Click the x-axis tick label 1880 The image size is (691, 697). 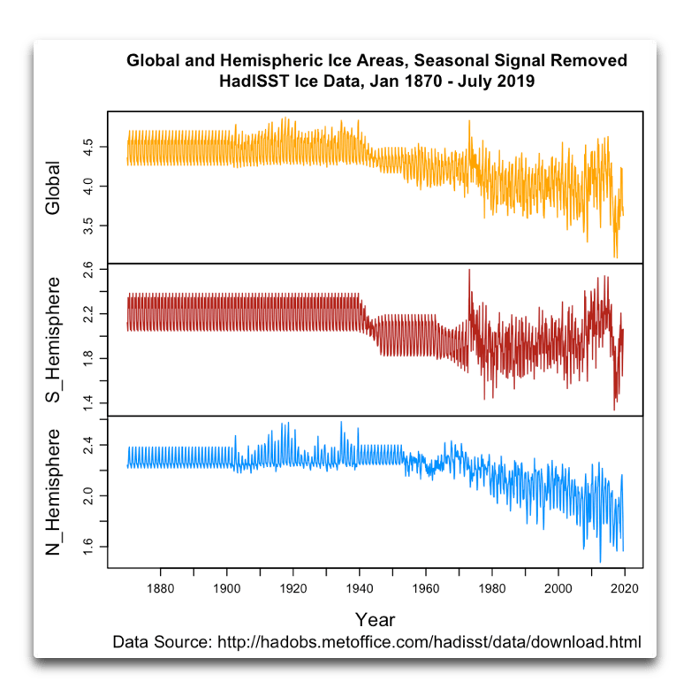pyautogui.click(x=160, y=587)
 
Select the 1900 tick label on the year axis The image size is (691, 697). pyautogui.click(x=227, y=587)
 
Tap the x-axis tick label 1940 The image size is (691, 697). pyautogui.click(x=359, y=587)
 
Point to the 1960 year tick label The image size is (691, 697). pyautogui.click(x=425, y=587)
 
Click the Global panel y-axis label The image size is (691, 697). pyautogui.click(x=54, y=188)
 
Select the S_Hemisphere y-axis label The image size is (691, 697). pyautogui.click(x=54, y=341)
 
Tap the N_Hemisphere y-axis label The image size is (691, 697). pyautogui.click(x=54, y=492)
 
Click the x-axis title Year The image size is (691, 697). pyautogui.click(x=375, y=618)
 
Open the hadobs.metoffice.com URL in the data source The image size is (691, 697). pyautogui.click(x=428, y=641)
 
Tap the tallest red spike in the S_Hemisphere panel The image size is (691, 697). pyautogui.click(x=469, y=271)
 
